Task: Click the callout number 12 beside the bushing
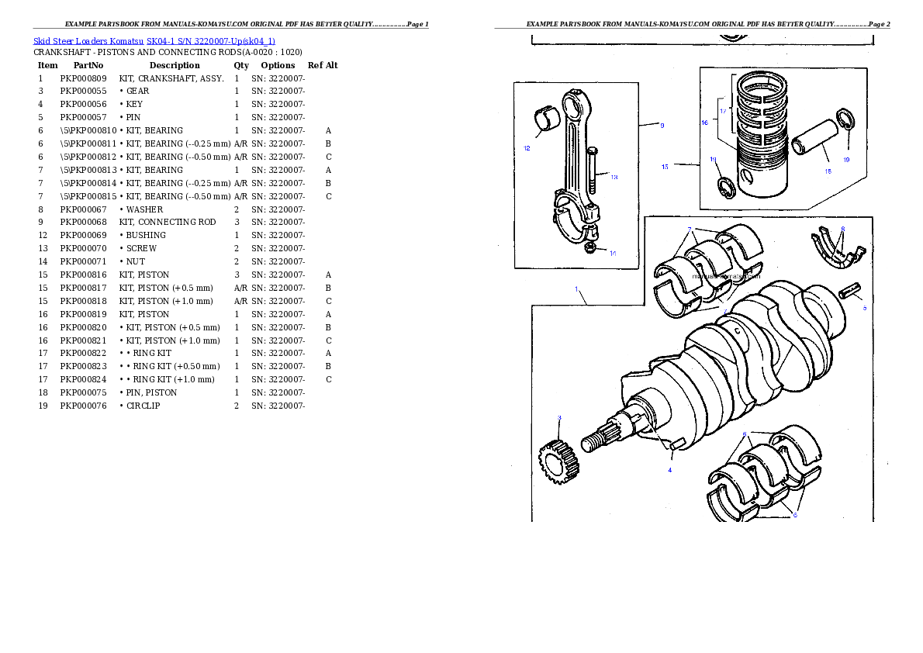[527, 147]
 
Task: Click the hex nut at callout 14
[590, 247]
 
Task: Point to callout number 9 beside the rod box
[662, 125]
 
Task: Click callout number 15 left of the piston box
[665, 167]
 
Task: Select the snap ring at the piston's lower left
[726, 188]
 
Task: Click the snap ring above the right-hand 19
[846, 123]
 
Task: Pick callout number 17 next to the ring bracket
[723, 111]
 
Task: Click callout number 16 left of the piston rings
[704, 123]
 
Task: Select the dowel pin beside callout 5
[851, 294]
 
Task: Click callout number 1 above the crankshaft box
[576, 289]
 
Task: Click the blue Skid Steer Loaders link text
[154, 40]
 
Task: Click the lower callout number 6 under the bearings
[794, 515]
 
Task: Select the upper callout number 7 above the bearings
[689, 230]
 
